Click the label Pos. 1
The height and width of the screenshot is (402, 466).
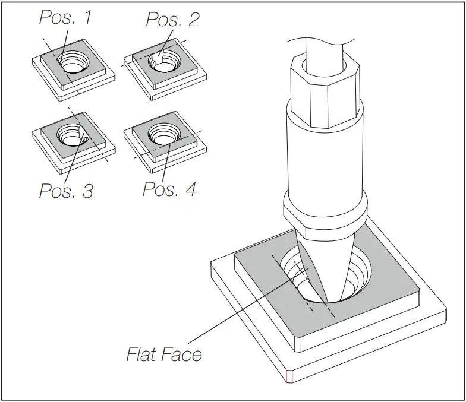click(65, 18)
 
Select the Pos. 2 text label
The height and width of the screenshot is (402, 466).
click(172, 20)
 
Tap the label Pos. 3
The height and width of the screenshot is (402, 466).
click(65, 191)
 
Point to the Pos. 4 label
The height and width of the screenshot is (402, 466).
click(169, 189)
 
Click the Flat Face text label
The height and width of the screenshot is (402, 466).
click(164, 354)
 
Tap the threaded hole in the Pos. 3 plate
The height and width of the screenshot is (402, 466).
click(73, 137)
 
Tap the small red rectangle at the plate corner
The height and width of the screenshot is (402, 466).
click(290, 376)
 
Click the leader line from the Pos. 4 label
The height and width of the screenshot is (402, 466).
click(166, 163)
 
